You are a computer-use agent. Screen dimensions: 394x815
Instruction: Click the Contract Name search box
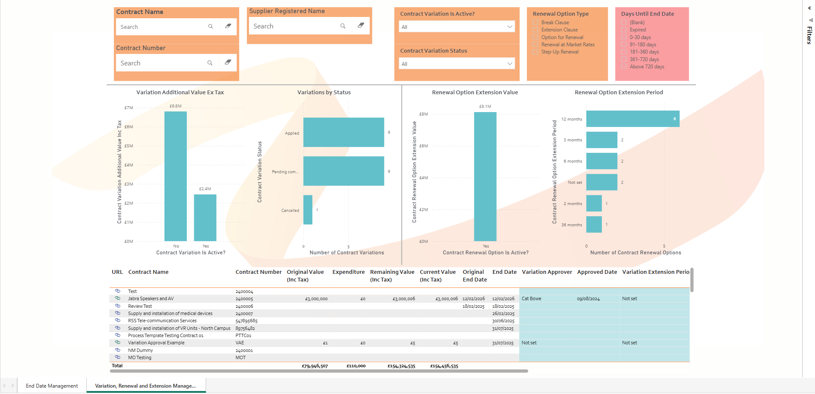click(161, 27)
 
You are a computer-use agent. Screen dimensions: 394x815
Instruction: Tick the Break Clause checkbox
click(535, 23)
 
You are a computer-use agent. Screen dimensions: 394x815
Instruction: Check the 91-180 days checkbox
click(624, 45)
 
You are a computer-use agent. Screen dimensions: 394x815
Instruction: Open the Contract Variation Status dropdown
click(457, 64)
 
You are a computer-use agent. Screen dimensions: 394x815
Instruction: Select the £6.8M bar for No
click(175, 176)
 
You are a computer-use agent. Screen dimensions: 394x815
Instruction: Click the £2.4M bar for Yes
click(205, 218)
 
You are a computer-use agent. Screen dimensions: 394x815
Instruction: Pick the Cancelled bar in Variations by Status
click(308, 210)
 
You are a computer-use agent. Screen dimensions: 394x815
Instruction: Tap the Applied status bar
click(343, 132)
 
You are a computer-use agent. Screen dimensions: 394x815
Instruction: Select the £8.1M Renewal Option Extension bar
click(485, 176)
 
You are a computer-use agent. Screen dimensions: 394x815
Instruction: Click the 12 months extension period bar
click(632, 119)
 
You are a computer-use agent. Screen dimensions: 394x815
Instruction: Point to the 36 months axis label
click(572, 225)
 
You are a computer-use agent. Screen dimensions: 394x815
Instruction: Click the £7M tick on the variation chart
click(129, 108)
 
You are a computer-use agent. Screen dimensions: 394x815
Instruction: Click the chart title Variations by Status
click(324, 93)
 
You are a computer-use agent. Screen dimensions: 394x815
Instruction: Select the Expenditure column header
click(348, 272)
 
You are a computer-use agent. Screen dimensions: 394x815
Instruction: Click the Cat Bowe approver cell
click(532, 299)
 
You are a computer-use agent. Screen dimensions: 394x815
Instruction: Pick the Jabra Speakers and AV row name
click(151, 299)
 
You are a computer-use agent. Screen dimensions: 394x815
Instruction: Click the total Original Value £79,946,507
click(314, 366)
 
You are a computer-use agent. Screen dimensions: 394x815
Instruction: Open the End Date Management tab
click(52, 386)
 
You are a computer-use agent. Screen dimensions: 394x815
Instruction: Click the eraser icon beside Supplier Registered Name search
click(361, 25)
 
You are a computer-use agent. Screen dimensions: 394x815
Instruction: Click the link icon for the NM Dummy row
click(118, 350)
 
